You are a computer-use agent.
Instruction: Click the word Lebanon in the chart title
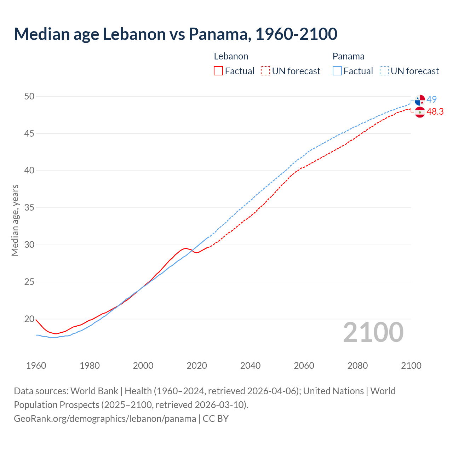click(x=134, y=34)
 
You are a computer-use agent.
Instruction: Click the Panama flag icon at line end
click(x=420, y=100)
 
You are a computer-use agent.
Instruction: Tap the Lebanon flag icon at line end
click(x=420, y=112)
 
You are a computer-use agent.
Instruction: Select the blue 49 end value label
click(x=432, y=99)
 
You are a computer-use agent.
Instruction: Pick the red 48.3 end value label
click(x=435, y=111)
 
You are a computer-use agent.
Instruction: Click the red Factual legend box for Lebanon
click(x=218, y=71)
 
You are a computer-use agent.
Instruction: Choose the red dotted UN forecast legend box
click(x=265, y=71)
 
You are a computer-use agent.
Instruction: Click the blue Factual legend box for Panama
click(x=337, y=71)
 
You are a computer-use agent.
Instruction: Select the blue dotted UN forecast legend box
click(x=384, y=71)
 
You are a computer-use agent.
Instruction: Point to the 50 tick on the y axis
click(x=29, y=97)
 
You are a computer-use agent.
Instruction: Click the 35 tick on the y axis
click(x=29, y=208)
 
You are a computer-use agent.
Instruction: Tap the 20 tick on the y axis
click(x=29, y=319)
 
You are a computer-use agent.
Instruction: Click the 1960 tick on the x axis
click(x=36, y=366)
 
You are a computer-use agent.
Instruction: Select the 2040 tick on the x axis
click(x=250, y=366)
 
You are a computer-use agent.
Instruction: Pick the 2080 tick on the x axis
click(x=357, y=366)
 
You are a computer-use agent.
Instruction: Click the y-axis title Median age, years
click(x=15, y=220)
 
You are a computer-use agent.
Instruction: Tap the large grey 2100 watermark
click(x=373, y=332)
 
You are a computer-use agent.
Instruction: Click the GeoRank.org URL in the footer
click(x=105, y=419)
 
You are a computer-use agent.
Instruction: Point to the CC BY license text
click(x=216, y=419)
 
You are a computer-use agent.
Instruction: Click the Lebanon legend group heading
click(x=231, y=56)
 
